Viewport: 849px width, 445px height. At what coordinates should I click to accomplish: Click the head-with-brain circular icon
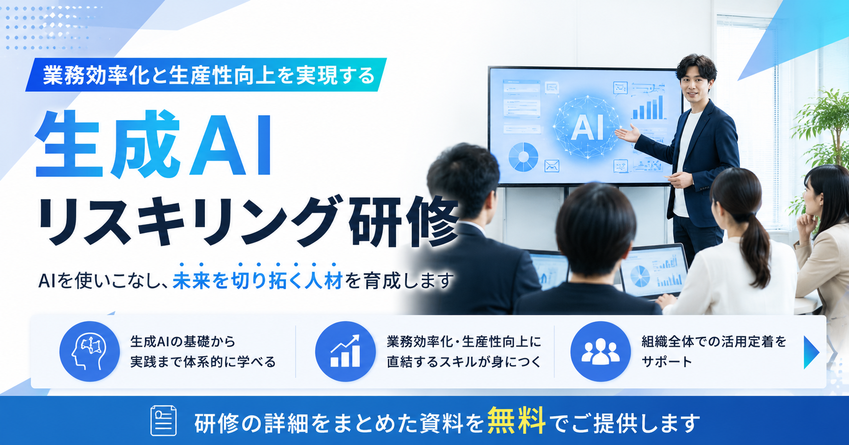point(90,351)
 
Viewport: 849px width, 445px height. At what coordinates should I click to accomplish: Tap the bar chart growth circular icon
point(345,351)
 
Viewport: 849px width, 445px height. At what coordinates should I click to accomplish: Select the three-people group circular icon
point(600,351)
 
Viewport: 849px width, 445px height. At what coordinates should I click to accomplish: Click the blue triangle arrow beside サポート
point(811,352)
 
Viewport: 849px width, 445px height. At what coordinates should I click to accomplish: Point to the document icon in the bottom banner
point(163,420)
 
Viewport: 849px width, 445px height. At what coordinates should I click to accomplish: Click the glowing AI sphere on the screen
point(587,127)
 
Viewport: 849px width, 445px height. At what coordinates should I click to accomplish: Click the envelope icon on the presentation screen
point(552,166)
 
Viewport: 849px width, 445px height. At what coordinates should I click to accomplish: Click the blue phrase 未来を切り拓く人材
point(257,281)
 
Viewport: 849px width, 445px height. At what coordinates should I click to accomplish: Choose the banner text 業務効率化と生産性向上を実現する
point(209,75)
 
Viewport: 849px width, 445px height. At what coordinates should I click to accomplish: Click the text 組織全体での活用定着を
point(714,342)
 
